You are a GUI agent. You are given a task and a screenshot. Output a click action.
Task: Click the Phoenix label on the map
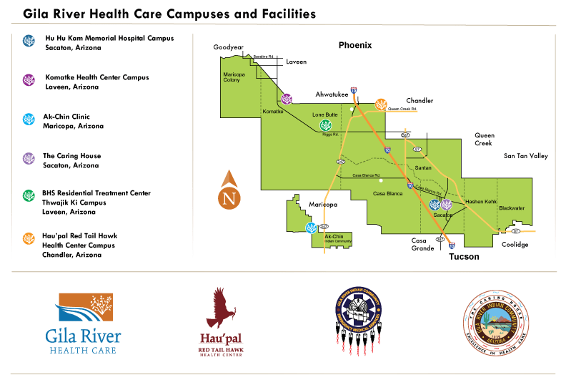point(354,46)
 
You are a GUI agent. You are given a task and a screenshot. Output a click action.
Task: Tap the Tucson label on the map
point(464,256)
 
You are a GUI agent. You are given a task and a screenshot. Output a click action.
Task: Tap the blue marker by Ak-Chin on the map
point(311,228)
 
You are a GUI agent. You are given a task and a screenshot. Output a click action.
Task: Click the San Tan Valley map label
point(525,156)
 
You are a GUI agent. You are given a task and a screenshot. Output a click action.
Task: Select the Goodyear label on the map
point(229,47)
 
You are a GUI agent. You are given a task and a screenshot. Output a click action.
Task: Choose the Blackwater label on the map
point(512,208)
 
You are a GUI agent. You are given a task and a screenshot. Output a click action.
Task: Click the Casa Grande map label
point(423,245)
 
